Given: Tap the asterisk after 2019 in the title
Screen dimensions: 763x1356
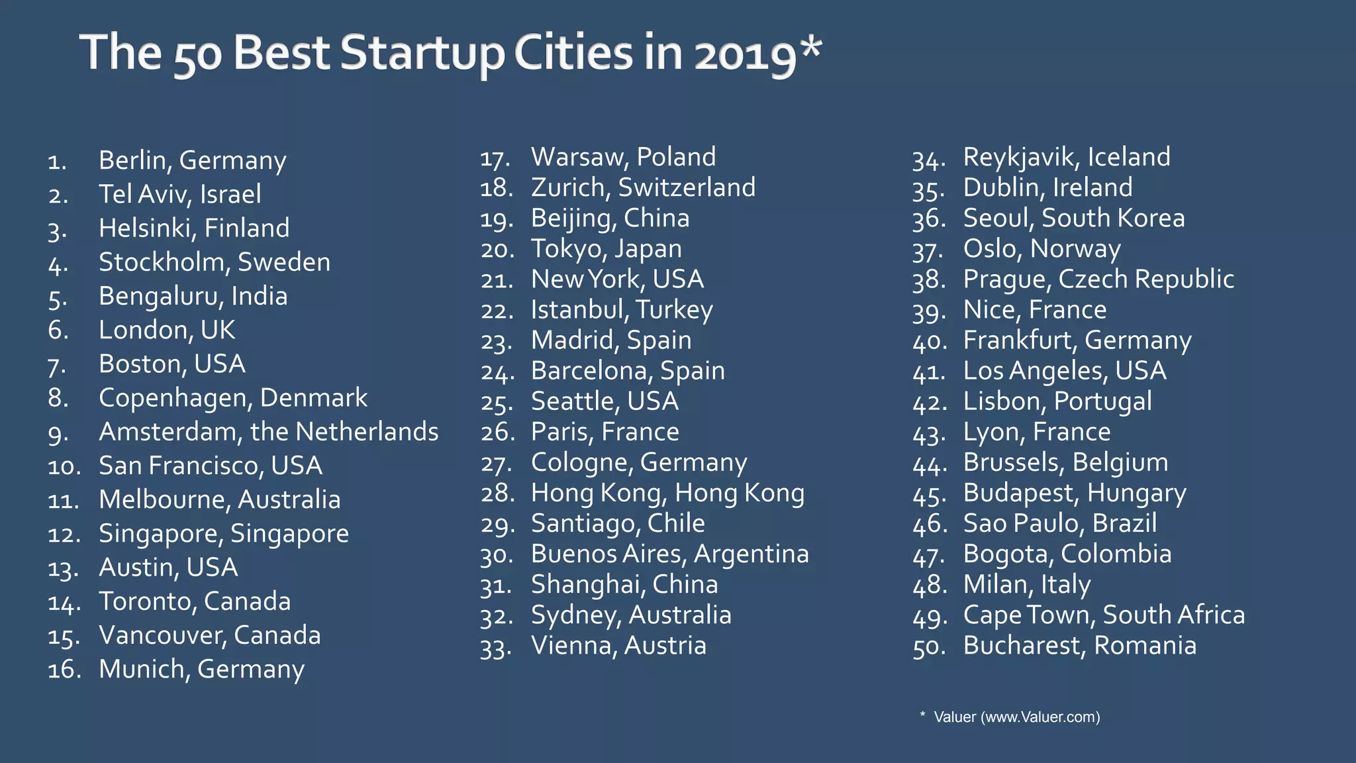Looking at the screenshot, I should tap(810, 48).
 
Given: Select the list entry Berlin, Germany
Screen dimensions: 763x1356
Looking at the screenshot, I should tap(192, 160).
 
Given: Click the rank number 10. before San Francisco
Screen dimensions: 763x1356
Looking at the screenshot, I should tap(64, 467).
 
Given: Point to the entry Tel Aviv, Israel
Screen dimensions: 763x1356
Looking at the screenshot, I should tap(179, 194).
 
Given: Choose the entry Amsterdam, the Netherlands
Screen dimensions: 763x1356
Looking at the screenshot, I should tap(268, 432).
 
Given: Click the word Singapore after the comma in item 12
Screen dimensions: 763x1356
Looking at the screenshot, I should tap(289, 534).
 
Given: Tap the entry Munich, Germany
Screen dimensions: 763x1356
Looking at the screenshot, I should tap(201, 670).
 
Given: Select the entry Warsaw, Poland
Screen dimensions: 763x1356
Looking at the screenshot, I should tap(623, 158).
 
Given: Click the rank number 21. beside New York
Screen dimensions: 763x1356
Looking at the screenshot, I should tap(497, 281).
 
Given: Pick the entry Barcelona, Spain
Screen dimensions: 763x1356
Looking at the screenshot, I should tap(628, 371).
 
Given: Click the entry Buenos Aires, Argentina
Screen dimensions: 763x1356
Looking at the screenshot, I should tap(669, 554).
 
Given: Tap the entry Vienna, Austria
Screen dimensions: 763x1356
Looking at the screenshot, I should tap(618, 646).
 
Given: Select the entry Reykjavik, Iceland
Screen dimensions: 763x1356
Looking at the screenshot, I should tap(1067, 158).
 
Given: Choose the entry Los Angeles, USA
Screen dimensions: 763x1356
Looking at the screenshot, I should tap(1064, 371).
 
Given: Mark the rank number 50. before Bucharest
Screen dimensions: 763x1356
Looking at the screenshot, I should tap(928, 647).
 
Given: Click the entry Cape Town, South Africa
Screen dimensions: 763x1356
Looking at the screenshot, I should tap(1104, 615).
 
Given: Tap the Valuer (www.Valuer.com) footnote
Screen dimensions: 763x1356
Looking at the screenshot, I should tap(1016, 717).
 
